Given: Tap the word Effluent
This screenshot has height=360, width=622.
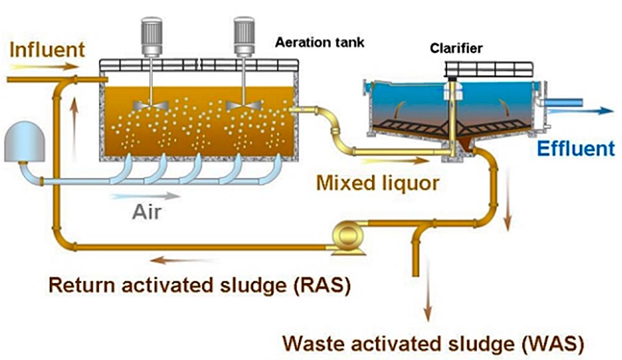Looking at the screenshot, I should click(x=575, y=149).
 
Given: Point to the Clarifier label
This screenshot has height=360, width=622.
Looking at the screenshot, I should click(x=455, y=48).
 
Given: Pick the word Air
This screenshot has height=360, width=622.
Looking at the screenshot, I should click(x=147, y=213).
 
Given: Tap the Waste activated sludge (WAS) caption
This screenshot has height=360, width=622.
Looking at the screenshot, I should click(x=434, y=343).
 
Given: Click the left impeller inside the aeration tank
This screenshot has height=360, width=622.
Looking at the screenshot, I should click(x=152, y=105).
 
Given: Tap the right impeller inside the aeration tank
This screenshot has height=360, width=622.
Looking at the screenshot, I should click(x=243, y=105).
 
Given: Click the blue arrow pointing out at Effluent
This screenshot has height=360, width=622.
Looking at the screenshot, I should click(x=594, y=111).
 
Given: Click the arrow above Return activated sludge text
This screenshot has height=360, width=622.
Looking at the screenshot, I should click(x=184, y=261).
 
